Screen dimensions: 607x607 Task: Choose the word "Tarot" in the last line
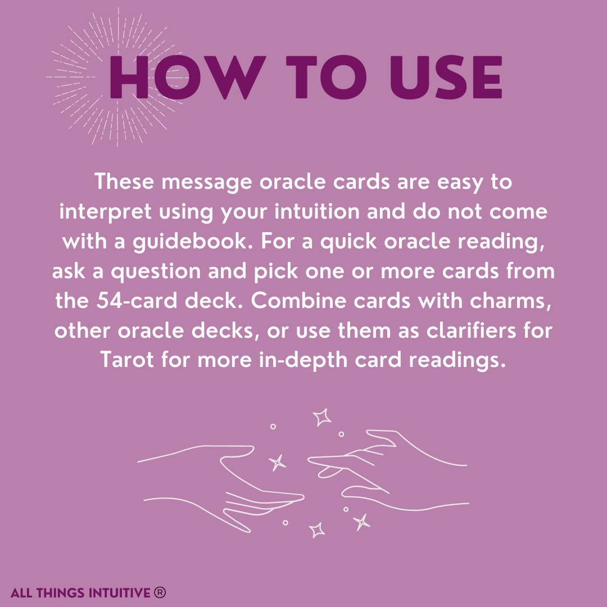tap(127, 359)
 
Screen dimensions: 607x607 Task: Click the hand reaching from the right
tap(382, 469)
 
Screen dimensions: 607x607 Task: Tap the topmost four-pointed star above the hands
tap(322, 417)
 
